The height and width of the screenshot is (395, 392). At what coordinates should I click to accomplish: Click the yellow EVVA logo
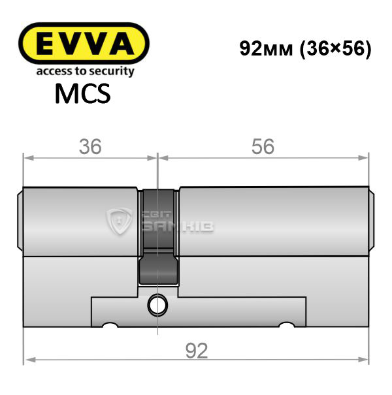point(84,43)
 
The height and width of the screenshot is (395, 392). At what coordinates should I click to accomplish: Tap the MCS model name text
point(83,93)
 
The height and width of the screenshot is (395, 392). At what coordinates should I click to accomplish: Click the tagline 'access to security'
point(85,71)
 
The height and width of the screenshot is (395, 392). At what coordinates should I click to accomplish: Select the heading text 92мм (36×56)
point(305,49)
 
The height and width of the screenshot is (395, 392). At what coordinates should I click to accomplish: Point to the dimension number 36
point(90,147)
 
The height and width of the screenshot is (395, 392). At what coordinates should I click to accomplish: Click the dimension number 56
point(263,146)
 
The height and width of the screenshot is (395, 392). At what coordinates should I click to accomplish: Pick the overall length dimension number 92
point(197,351)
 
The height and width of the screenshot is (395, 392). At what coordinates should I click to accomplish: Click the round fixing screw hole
point(157,305)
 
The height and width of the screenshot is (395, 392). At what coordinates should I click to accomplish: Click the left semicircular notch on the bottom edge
point(110,324)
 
